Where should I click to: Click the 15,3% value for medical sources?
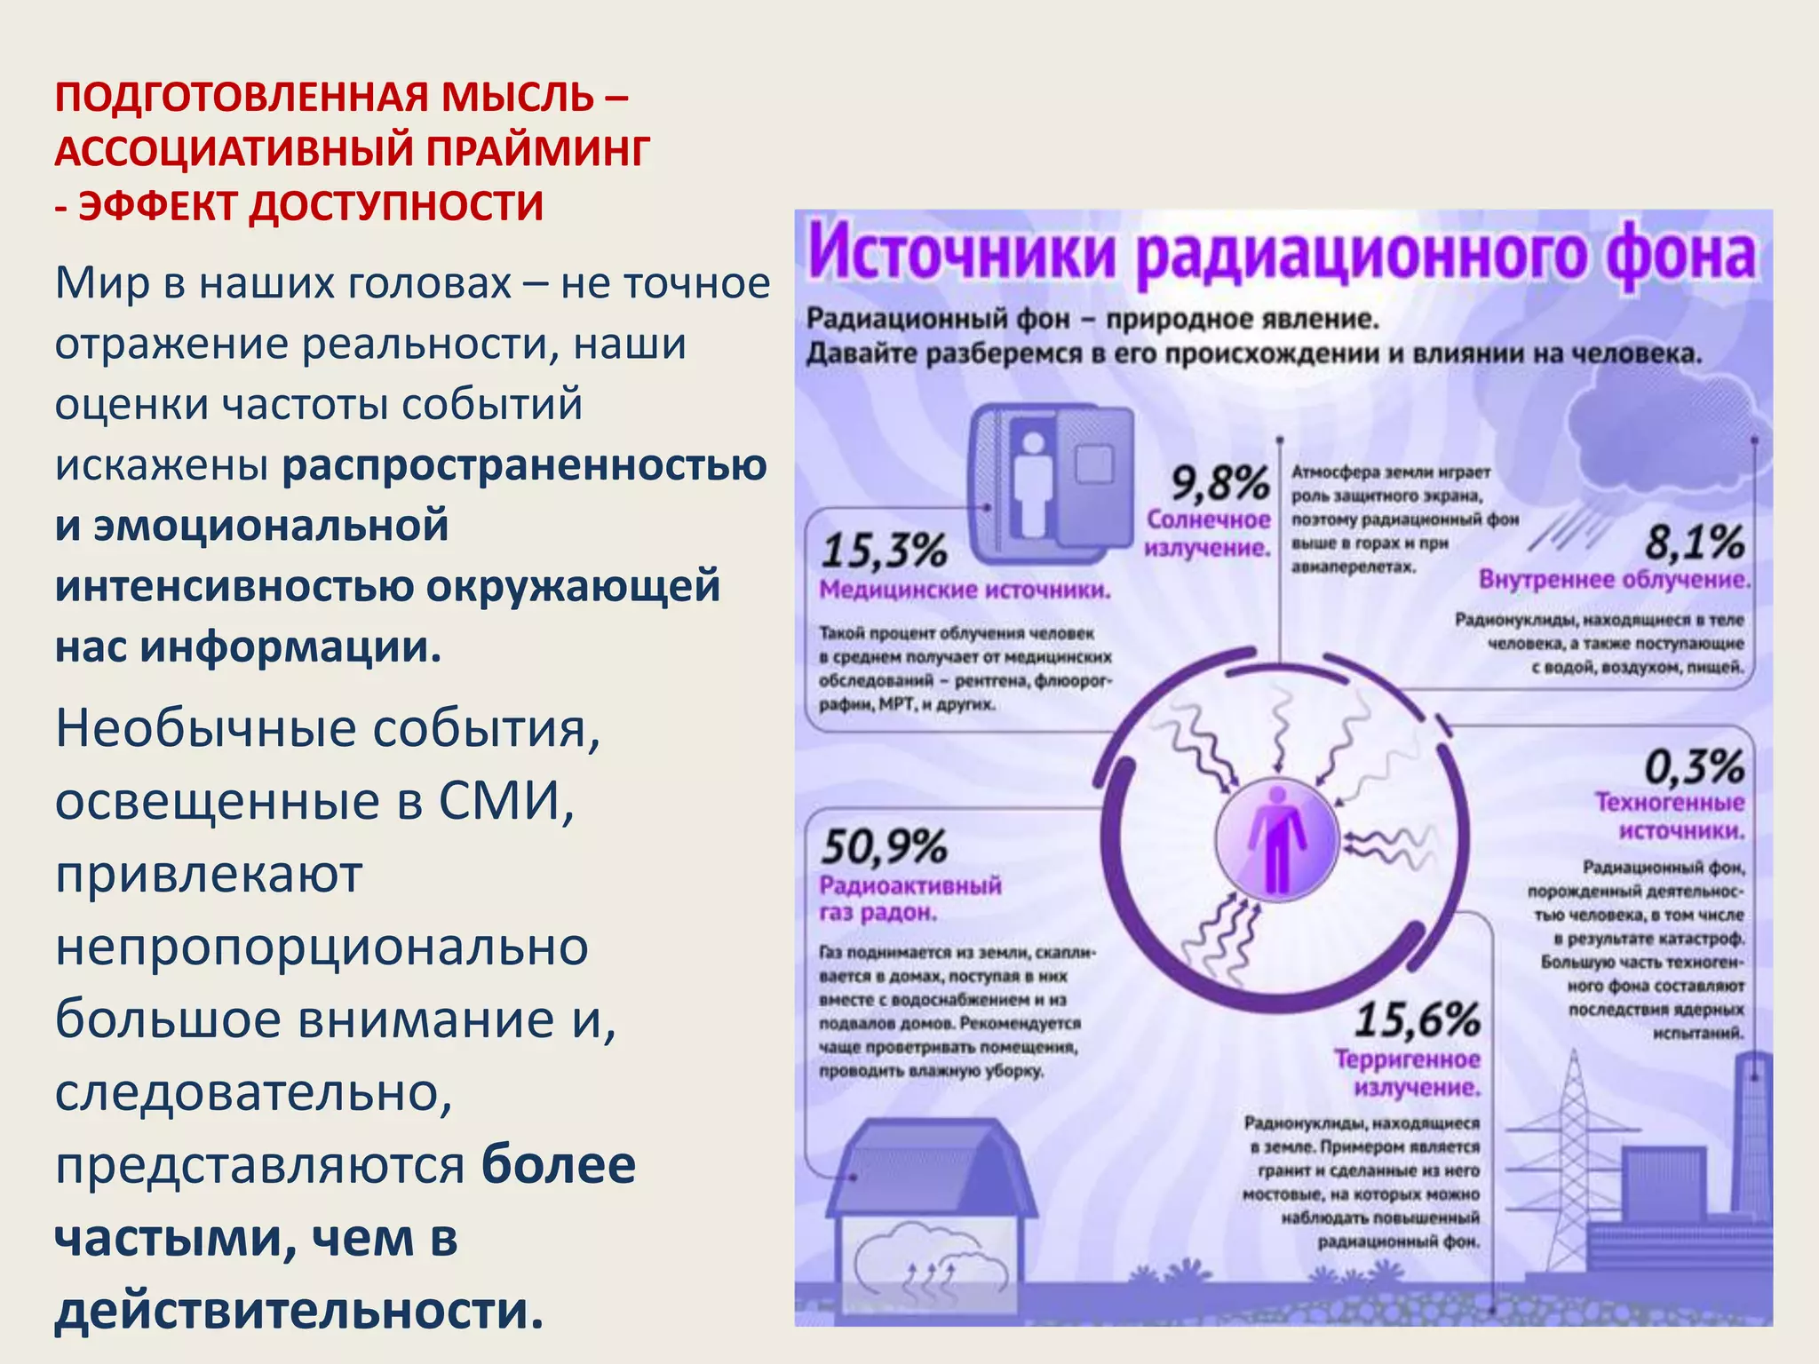tap(884, 551)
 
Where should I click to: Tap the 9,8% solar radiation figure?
tap(1219, 484)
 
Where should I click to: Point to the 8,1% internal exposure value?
tap(1694, 542)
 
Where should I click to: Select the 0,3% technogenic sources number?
tap(1694, 766)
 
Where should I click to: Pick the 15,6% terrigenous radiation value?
tap(1417, 1019)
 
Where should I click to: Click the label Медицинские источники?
tap(965, 590)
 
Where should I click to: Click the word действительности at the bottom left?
tap(298, 1311)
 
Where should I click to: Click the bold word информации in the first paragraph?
tap(290, 646)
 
